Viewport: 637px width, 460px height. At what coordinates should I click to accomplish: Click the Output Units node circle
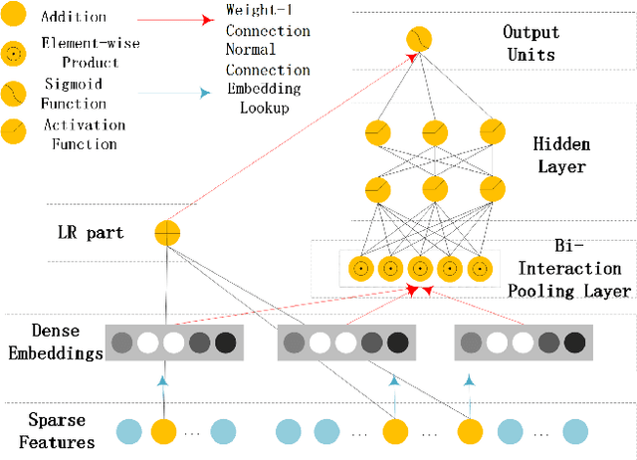coord(419,40)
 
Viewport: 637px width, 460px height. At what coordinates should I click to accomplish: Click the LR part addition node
coord(167,233)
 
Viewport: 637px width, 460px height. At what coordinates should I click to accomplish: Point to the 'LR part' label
coord(91,233)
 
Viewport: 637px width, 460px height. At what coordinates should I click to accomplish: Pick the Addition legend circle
coord(15,17)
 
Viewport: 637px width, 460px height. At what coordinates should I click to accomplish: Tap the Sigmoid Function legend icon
coord(15,94)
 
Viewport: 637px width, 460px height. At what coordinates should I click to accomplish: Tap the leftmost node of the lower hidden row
coord(375,188)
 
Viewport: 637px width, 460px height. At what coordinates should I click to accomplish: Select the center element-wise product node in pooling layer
coord(419,268)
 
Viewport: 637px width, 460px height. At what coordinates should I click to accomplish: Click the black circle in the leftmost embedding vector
coord(226,344)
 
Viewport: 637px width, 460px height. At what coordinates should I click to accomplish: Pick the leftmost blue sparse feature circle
coord(128,431)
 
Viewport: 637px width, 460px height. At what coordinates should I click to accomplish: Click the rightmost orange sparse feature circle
coord(471,431)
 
